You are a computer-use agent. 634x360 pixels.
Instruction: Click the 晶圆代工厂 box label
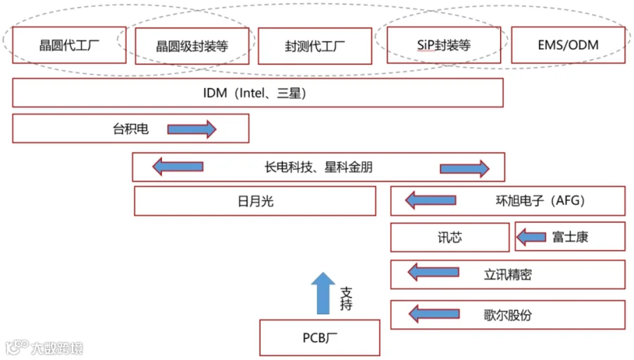click(69, 45)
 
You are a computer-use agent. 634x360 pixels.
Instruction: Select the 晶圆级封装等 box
click(192, 46)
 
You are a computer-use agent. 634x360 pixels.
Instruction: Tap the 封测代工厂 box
click(315, 46)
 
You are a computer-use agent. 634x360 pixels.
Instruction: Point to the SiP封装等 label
click(444, 45)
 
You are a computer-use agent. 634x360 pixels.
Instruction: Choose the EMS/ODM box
click(568, 45)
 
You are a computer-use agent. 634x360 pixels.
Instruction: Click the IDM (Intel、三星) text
click(254, 93)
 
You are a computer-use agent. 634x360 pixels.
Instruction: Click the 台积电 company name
click(130, 129)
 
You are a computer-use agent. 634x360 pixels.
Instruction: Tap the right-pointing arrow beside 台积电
click(192, 130)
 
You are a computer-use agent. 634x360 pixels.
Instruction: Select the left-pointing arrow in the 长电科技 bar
click(178, 167)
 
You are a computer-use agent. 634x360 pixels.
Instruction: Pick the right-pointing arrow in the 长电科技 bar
click(465, 168)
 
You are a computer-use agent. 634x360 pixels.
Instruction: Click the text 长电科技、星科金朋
click(318, 167)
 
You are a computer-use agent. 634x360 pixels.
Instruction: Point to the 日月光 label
click(255, 201)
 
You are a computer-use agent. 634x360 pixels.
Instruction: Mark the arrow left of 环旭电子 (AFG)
click(430, 200)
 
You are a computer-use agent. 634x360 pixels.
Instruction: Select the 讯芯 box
click(449, 237)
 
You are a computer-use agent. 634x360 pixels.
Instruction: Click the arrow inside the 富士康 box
click(531, 237)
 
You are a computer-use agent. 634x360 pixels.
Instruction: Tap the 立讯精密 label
click(507, 275)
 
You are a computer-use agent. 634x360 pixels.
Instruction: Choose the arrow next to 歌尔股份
click(434, 314)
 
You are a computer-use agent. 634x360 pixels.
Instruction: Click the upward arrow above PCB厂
click(323, 293)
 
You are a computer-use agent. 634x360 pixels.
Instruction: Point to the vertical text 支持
click(346, 299)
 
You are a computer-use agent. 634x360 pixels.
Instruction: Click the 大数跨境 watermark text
click(57, 348)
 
